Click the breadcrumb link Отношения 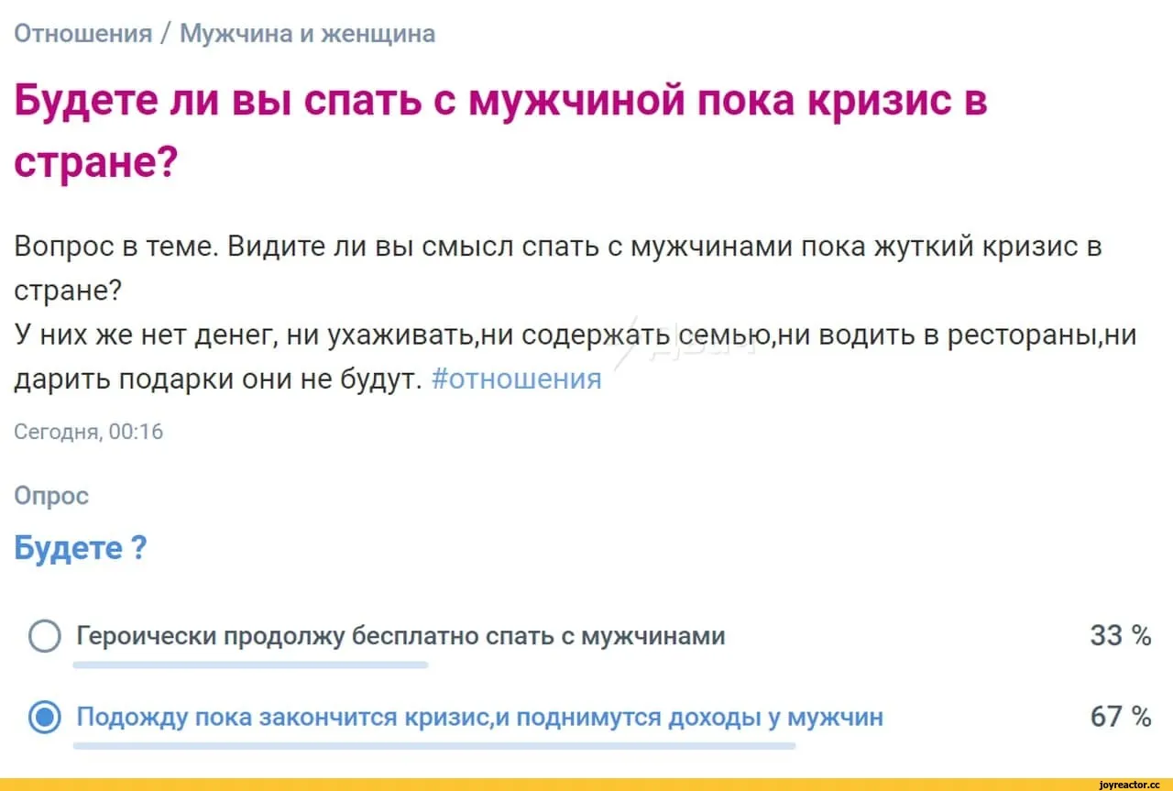[x=83, y=34]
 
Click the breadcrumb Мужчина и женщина [x=307, y=34]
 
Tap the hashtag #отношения [x=516, y=379]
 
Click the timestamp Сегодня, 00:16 [x=89, y=432]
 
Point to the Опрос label [x=51, y=496]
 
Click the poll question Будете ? [x=81, y=548]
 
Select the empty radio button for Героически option [x=45, y=636]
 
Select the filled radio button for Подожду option [x=45, y=717]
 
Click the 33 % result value [x=1121, y=635]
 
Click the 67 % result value [x=1121, y=717]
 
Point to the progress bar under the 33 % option [x=250, y=665]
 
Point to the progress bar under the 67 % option [x=434, y=745]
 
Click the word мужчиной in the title [x=576, y=101]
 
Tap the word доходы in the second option [x=714, y=717]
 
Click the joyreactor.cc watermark [x=1130, y=785]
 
